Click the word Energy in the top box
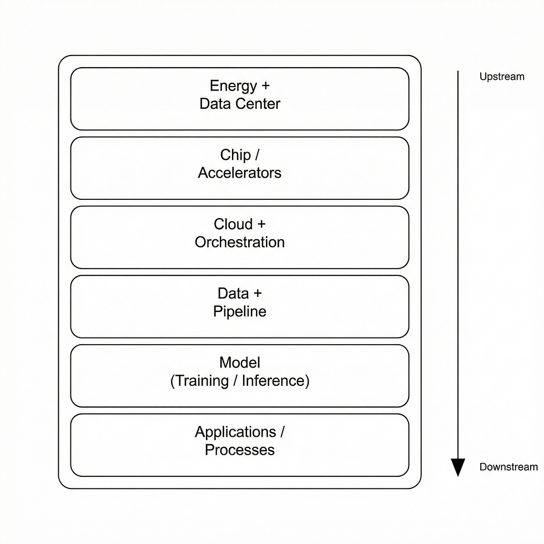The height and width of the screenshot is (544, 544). point(233,86)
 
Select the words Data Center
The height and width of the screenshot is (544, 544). point(240,104)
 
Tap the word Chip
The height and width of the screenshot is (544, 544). point(235,155)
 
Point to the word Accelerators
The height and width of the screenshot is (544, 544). point(240,173)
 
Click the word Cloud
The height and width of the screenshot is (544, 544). point(233,224)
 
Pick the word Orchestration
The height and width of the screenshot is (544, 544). point(240,242)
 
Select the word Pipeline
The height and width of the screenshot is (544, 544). point(240,311)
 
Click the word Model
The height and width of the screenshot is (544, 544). point(240,362)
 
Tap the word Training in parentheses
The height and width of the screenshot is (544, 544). point(203,381)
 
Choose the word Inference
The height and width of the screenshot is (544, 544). point(273,381)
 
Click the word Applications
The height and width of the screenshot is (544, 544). point(235,432)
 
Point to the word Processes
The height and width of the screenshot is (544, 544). point(240,450)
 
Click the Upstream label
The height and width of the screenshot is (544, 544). point(502,77)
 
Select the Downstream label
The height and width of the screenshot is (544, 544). point(508,467)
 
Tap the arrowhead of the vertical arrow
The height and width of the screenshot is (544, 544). point(457,467)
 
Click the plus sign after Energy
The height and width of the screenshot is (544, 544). point(265,87)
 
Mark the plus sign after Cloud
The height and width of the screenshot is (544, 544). point(261,225)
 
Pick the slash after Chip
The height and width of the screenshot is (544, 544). point(257,155)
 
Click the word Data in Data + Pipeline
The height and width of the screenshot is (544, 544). point(232,294)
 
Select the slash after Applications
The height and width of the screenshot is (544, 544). point(282,432)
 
